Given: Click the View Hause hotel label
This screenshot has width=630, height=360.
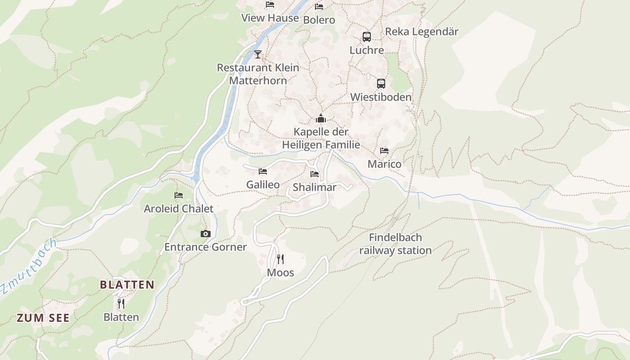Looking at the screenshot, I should (270, 18).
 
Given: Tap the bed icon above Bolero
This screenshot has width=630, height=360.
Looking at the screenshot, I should (319, 7).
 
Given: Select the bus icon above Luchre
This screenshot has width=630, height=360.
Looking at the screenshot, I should (367, 37).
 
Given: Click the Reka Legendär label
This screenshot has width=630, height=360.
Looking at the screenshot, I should (422, 31).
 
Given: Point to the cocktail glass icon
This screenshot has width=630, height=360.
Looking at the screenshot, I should (257, 54).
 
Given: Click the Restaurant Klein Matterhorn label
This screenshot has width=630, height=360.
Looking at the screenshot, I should (258, 74).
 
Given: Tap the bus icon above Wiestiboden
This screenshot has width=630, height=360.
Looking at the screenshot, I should (381, 83).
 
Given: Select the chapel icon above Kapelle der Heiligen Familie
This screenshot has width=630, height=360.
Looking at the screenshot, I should (321, 119).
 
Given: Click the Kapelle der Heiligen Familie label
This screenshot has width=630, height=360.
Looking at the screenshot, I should (321, 138).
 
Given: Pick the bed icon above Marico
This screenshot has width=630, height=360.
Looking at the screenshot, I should (384, 151).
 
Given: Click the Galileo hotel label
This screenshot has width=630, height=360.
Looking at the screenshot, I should (263, 184).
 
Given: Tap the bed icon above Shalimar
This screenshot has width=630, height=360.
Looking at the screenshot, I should (315, 174).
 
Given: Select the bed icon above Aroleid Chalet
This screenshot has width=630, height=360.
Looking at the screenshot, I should (179, 195).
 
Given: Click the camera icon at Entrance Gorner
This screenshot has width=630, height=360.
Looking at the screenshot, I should (206, 234).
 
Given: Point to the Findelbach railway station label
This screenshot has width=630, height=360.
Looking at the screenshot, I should (395, 244).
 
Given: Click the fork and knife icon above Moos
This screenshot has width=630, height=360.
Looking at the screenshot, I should (280, 259).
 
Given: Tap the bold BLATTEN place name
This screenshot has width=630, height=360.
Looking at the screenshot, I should (127, 285).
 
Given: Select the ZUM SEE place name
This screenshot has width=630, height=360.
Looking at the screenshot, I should (43, 318).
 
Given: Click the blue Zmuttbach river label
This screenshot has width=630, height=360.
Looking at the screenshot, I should (28, 266).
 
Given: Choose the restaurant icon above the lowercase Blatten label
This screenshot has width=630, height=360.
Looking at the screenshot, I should (121, 304).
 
